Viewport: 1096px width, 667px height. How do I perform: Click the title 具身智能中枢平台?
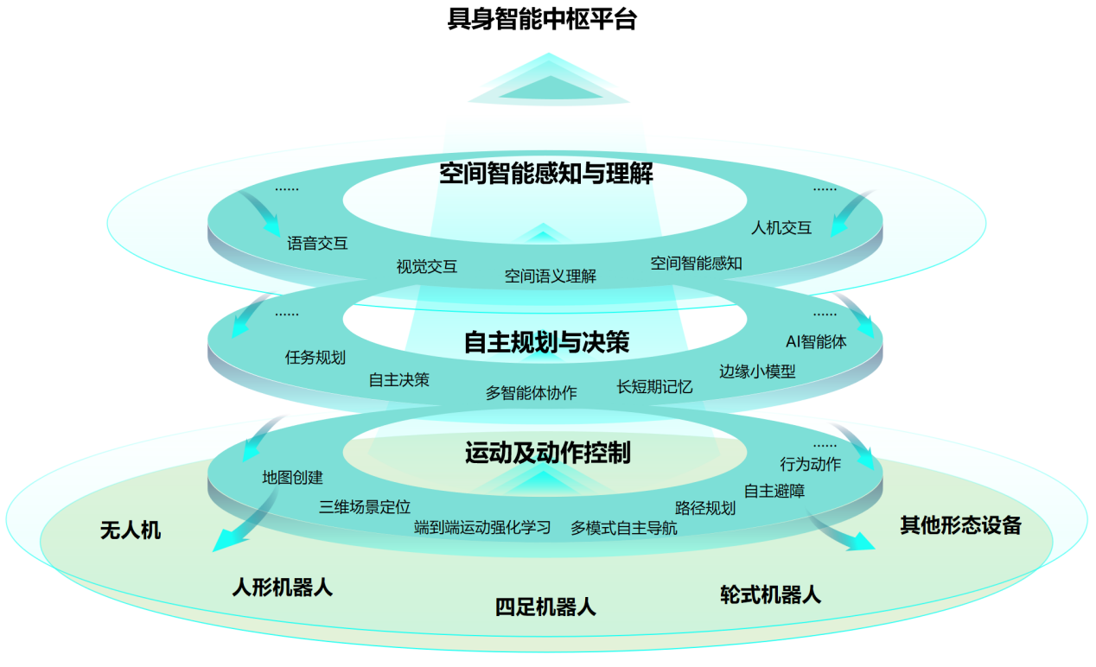pyautogui.click(x=542, y=20)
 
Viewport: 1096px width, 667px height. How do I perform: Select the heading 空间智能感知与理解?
pyautogui.click(x=546, y=175)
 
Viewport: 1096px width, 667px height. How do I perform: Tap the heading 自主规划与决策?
pyautogui.click(x=546, y=343)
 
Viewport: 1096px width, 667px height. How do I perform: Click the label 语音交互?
pyautogui.click(x=317, y=244)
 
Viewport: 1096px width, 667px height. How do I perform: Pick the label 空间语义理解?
pyautogui.click(x=551, y=276)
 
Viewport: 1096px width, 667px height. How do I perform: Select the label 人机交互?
pyautogui.click(x=781, y=228)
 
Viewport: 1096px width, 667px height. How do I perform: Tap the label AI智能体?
pyautogui.click(x=816, y=341)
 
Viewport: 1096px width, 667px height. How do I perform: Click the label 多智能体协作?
pyautogui.click(x=531, y=393)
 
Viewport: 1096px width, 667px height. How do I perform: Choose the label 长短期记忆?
pyautogui.click(x=654, y=386)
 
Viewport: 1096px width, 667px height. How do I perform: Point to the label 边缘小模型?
pyautogui.click(x=757, y=372)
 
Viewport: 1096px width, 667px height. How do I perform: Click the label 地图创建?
pyautogui.click(x=293, y=477)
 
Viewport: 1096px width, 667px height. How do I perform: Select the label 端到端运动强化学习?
pyautogui.click(x=482, y=527)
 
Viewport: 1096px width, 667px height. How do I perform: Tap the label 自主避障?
pyautogui.click(x=774, y=491)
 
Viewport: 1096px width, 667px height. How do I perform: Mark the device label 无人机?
pyautogui.click(x=131, y=530)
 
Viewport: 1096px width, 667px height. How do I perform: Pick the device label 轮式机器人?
pyautogui.click(x=770, y=594)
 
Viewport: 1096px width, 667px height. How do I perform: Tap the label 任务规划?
pyautogui.click(x=315, y=357)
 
